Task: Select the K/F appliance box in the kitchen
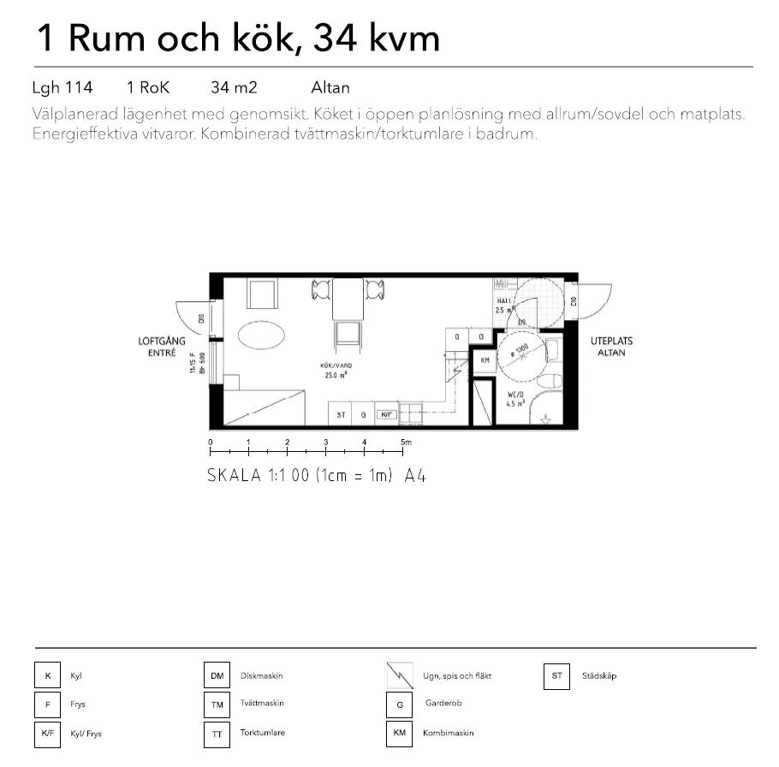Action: click(386, 415)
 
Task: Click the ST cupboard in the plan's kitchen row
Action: click(341, 415)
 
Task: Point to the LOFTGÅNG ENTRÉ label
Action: click(157, 346)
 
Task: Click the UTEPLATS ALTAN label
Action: click(611, 346)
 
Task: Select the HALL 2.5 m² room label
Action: click(504, 306)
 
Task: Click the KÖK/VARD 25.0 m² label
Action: click(337, 369)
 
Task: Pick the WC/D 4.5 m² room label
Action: click(515, 398)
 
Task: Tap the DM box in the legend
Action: click(217, 676)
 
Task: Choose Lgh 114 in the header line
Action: click(62, 87)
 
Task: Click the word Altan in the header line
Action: click(330, 87)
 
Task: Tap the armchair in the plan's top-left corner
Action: click(263, 293)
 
